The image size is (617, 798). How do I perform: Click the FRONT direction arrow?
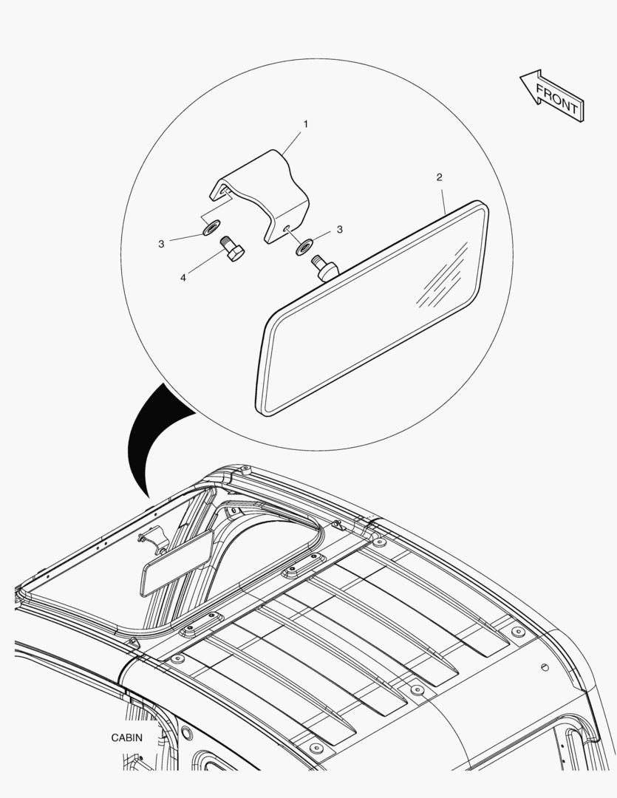553,96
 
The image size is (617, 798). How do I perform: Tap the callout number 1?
305,123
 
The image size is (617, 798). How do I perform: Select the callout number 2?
439,177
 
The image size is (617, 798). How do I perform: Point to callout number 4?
183,278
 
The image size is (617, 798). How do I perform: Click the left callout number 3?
161,244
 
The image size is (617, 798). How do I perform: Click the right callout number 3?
340,230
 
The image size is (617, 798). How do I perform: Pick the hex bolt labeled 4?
232,248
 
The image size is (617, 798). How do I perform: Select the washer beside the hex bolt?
211,228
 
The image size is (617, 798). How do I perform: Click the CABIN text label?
127,737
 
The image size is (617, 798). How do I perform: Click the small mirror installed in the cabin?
176,563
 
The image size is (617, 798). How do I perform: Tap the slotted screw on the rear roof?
545,667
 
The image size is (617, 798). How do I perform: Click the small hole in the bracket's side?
287,228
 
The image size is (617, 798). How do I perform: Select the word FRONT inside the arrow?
557,100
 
